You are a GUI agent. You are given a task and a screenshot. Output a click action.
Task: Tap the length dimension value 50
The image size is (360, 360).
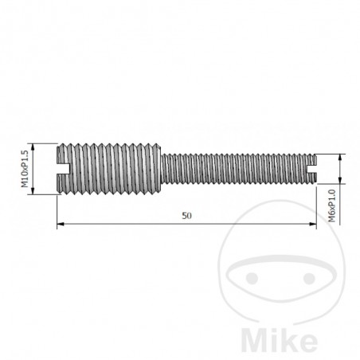[186, 216]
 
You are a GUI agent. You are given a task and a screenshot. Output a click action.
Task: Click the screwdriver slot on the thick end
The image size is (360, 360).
[63, 168]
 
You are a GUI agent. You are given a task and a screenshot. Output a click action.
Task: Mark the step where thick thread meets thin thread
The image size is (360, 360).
[162, 168]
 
